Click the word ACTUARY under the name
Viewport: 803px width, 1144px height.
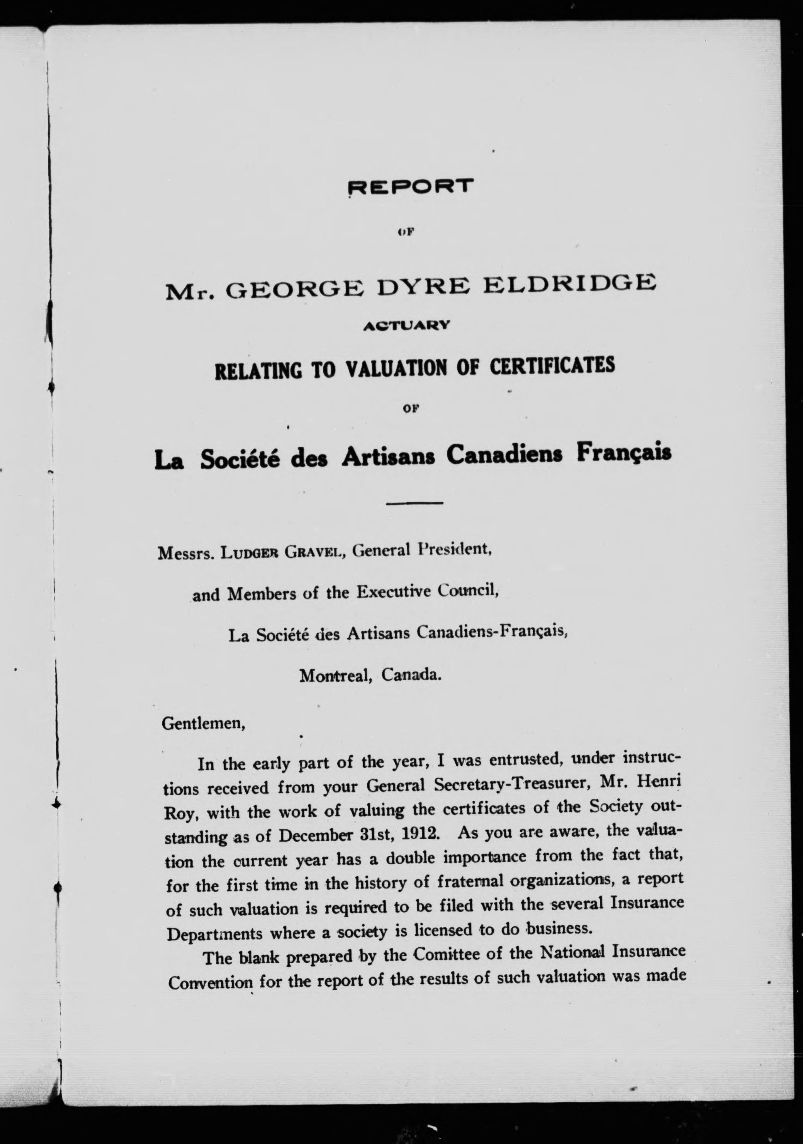407,325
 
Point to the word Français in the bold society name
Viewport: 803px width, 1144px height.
624,454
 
